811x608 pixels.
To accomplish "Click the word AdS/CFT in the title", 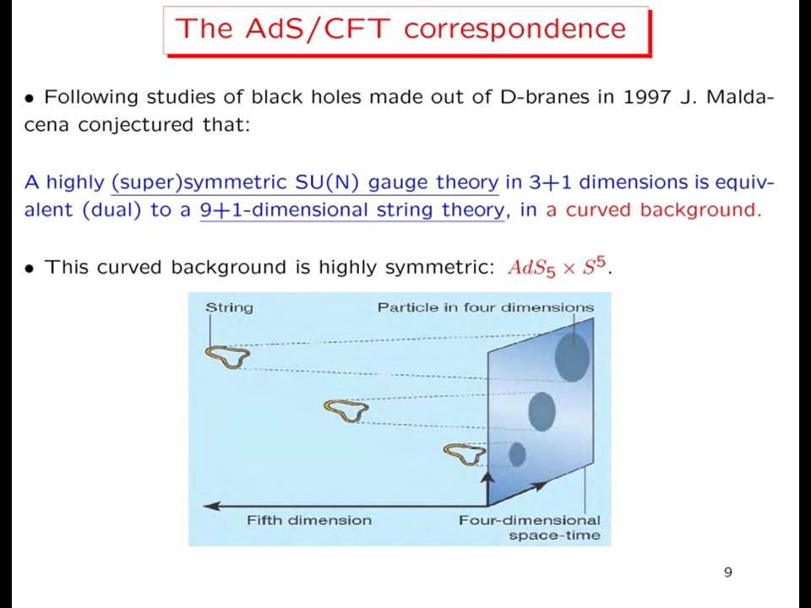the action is pos(318,28).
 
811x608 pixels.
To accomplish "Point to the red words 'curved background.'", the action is pos(664,210).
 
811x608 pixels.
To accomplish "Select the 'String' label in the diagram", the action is pos(229,308).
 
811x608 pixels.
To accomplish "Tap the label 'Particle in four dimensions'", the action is pos(486,307).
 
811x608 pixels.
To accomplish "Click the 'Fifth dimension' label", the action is pos(309,520).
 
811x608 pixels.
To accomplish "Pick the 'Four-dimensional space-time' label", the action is pos(529,527).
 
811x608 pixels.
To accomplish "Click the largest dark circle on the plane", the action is pos(572,357).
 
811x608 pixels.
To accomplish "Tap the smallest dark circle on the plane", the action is pos(517,454).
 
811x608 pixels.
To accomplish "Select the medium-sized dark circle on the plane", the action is pos(542,411).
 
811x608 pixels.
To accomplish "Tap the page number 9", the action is pos(728,572).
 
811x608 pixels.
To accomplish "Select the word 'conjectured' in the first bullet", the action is pos(135,126).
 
